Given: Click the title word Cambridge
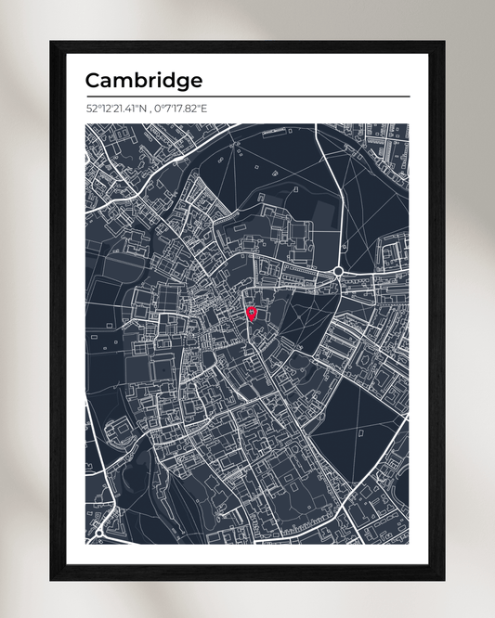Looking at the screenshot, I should [143, 81].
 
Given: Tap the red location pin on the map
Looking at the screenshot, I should [251, 314].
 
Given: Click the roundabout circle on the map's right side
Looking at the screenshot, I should [338, 272].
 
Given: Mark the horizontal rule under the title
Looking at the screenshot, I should [247, 97].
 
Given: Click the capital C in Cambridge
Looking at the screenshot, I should [92, 81].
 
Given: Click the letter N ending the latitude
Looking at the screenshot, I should [145, 109].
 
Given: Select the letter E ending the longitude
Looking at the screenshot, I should [204, 109].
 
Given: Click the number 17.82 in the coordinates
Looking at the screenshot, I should [189, 109].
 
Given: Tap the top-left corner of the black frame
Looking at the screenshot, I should [52, 43].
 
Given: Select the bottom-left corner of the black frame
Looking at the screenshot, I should [52, 578].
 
